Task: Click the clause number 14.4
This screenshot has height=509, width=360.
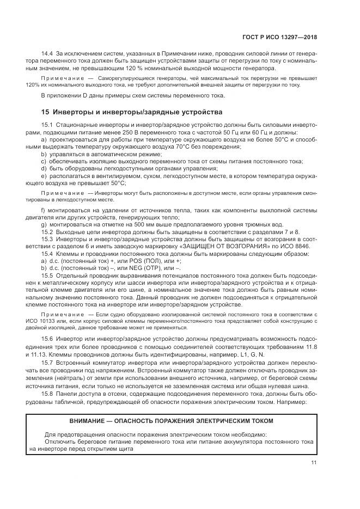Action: (x=48, y=53)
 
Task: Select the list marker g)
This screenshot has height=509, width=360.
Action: (x=44, y=224)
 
